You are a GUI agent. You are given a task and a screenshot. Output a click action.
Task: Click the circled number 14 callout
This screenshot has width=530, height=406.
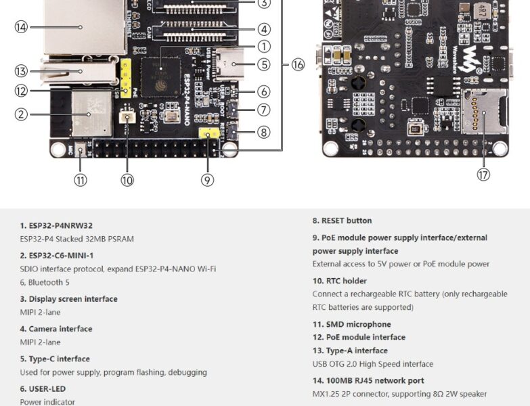point(21,27)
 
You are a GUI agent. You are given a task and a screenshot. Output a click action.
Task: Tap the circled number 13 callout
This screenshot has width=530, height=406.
point(21,71)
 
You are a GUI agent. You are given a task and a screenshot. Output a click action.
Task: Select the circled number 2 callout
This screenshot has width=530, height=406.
point(21,114)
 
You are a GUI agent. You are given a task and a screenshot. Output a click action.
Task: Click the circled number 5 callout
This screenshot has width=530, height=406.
point(263,65)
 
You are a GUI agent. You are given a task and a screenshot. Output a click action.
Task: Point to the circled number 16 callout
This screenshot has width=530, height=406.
point(298,65)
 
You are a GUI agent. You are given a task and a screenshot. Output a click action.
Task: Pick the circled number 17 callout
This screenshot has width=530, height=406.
point(483,175)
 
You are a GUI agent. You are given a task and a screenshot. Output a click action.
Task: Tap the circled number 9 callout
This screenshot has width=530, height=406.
point(207,180)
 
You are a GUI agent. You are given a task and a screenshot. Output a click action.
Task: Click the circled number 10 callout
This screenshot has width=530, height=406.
point(127,180)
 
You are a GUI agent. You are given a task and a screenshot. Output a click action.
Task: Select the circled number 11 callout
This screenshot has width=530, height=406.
point(81,180)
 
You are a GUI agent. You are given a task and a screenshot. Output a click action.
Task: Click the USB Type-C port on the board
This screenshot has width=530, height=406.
point(233,68)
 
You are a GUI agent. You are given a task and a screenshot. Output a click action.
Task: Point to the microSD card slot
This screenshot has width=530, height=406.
point(483,111)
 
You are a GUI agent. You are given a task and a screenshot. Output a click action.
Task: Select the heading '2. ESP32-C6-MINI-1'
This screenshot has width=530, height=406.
point(57,255)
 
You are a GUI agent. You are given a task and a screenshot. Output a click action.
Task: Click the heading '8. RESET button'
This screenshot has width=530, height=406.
point(342,221)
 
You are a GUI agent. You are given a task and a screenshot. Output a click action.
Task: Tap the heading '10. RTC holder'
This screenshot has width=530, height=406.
point(339,281)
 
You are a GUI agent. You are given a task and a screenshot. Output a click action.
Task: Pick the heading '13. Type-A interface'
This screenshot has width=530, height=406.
point(350,351)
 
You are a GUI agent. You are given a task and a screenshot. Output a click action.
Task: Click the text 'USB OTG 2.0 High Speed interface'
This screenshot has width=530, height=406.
point(372,364)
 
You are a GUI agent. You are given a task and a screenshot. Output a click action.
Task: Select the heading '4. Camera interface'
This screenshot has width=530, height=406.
point(56,329)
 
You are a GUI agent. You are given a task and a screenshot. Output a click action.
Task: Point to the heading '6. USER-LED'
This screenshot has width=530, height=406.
point(43,389)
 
